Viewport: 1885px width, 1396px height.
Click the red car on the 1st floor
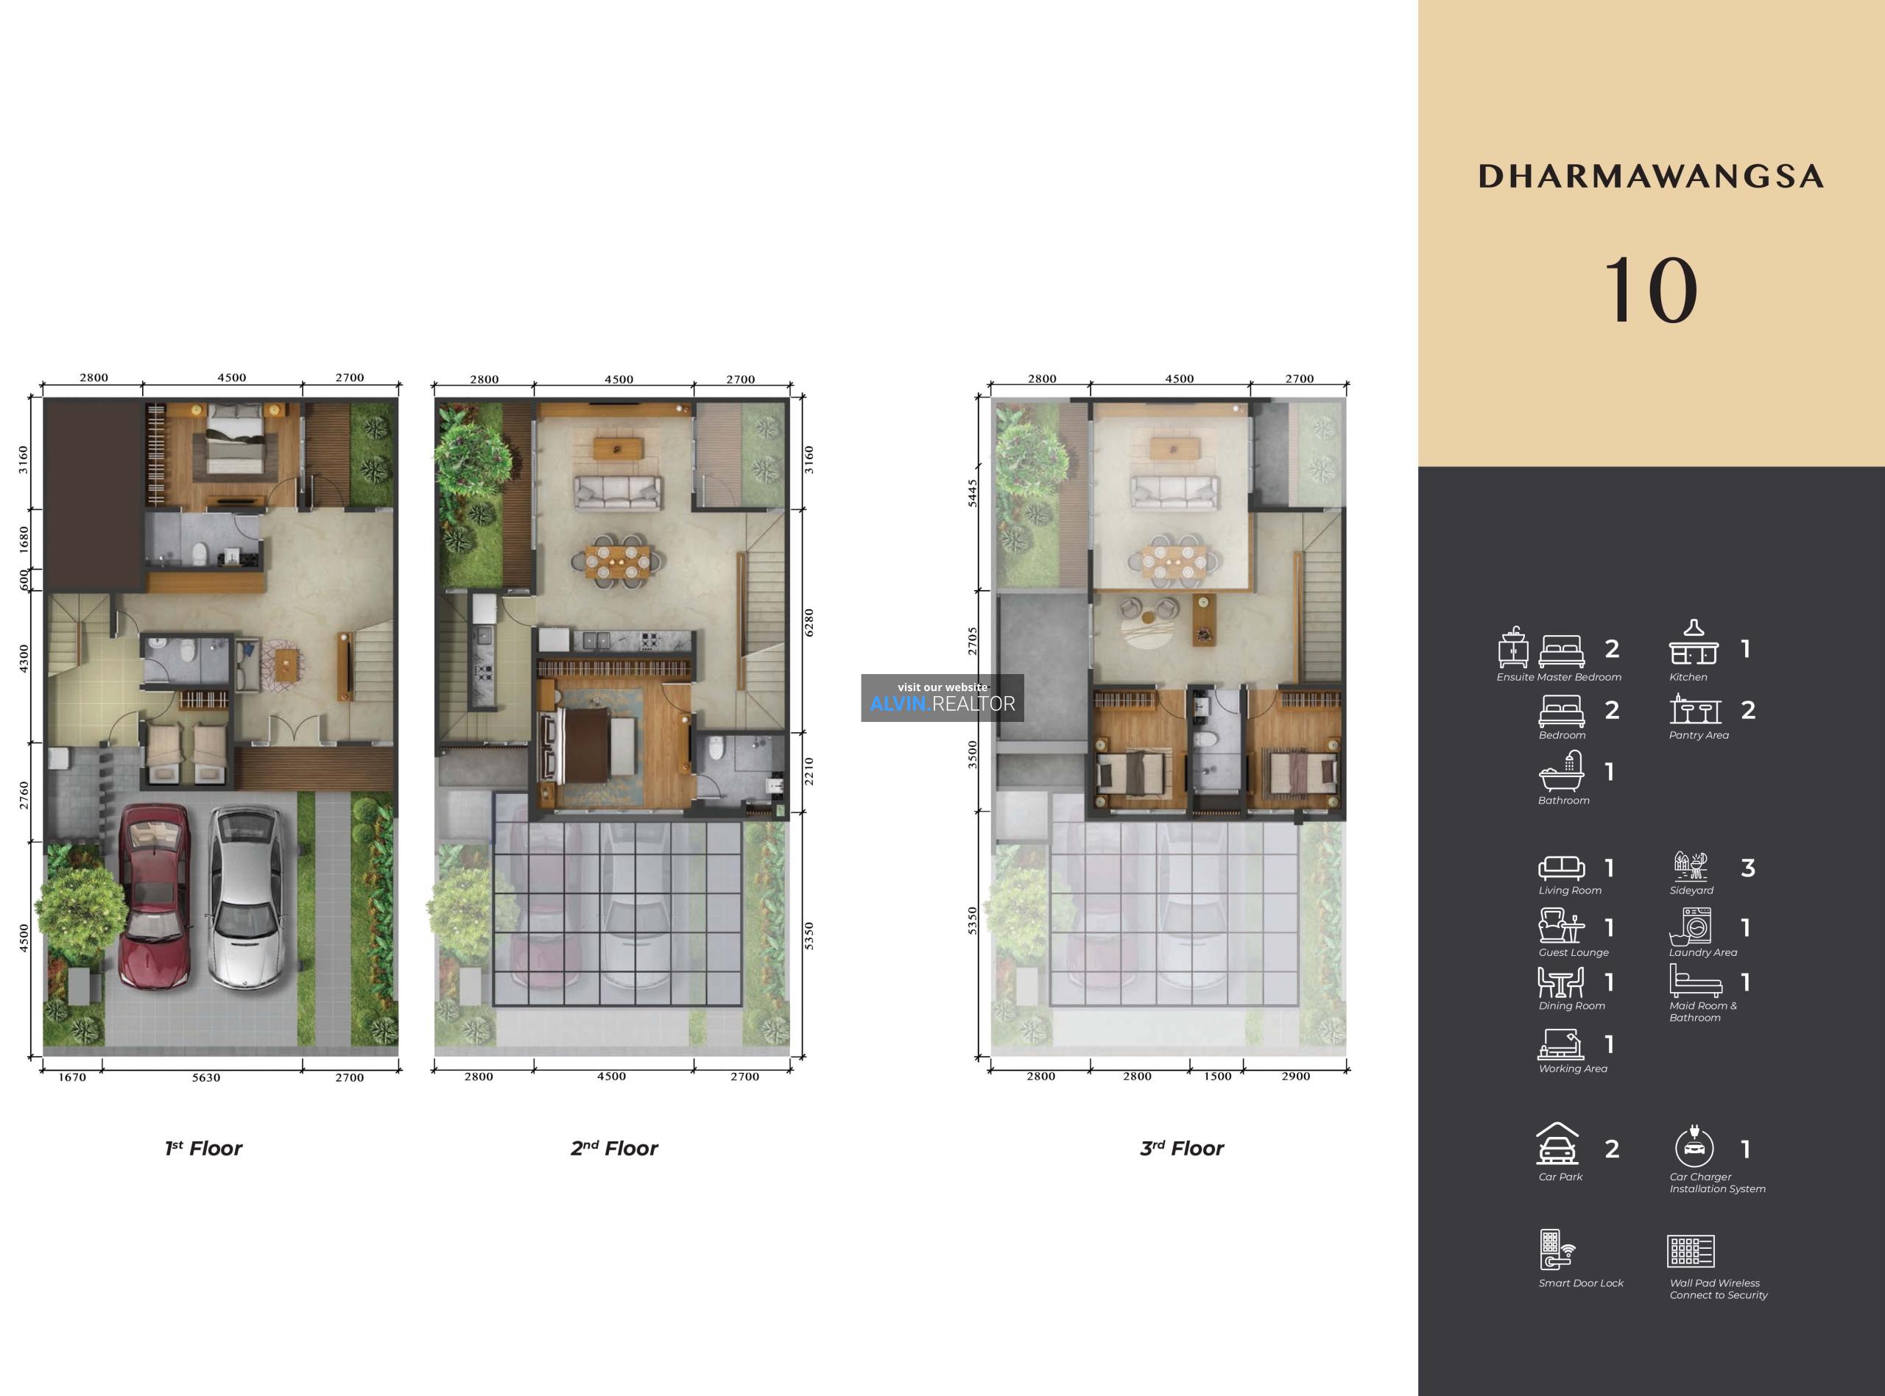click(x=154, y=896)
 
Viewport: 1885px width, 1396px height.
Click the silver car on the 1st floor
click(x=245, y=898)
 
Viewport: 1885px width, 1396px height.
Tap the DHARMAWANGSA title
click(x=1650, y=176)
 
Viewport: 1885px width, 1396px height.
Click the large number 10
click(x=1650, y=290)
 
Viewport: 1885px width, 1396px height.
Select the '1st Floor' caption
click(x=204, y=1149)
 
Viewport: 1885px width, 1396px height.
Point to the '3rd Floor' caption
click(x=1182, y=1149)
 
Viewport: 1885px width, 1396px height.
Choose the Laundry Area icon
click(x=1691, y=926)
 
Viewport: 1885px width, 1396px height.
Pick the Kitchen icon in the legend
click(x=1693, y=642)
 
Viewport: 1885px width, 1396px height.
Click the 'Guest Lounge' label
click(x=1573, y=952)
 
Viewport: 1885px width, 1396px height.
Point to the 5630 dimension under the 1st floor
click(x=205, y=1077)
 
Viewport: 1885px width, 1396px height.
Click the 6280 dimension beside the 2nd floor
click(x=809, y=622)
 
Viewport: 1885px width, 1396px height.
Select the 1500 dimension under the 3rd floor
click(x=1217, y=1076)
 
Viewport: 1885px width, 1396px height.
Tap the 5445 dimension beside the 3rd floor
click(x=972, y=492)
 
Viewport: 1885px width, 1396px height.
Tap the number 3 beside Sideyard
click(x=1748, y=868)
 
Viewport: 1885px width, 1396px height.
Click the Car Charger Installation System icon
click(x=1694, y=1147)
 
